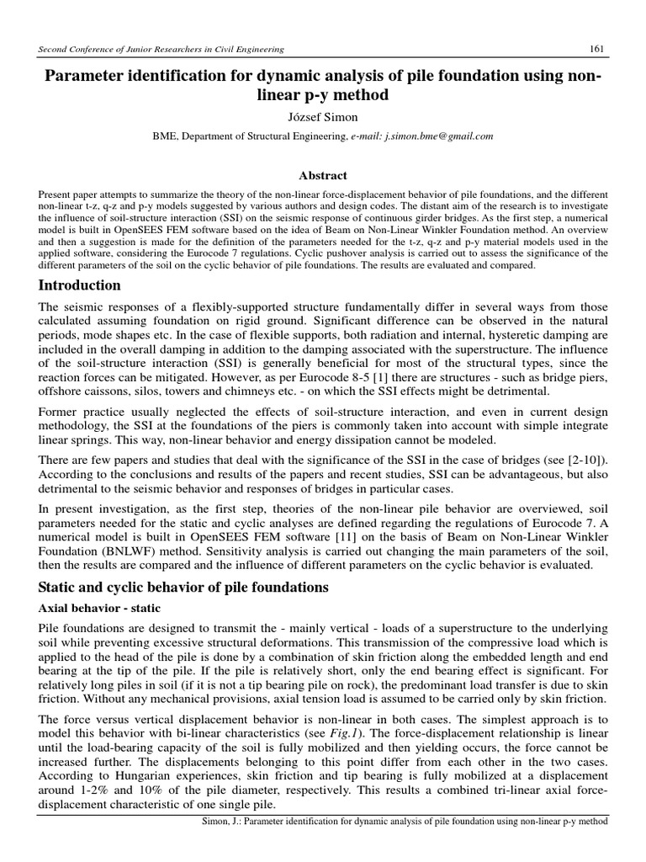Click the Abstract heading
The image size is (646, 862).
tap(324, 175)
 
